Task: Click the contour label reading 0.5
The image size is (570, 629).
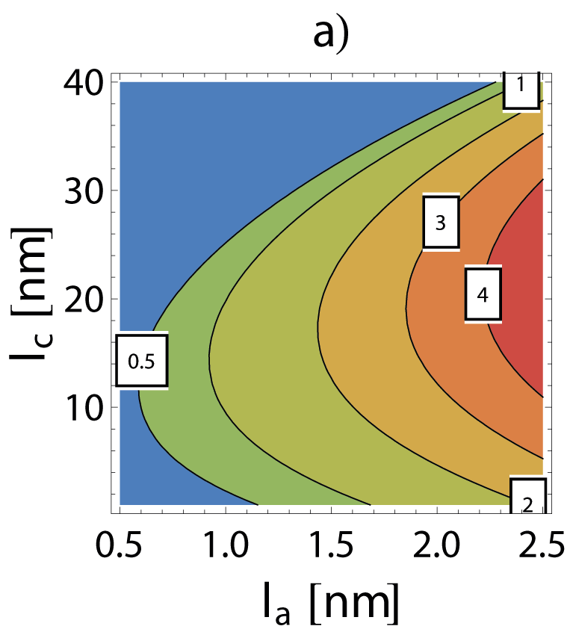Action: pyautogui.click(x=141, y=361)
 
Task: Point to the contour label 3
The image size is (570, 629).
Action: pyautogui.click(x=441, y=223)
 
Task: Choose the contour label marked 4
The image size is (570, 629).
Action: pyautogui.click(x=483, y=294)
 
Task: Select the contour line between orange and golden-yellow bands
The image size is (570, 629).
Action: pyautogui.click(x=406, y=306)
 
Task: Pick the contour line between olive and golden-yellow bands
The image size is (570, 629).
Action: pyautogui.click(x=318, y=329)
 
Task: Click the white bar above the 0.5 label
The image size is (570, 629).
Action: pyautogui.click(x=141, y=332)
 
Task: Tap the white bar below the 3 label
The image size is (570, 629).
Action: pyautogui.click(x=441, y=250)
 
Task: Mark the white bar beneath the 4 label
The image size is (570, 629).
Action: pyautogui.click(x=483, y=322)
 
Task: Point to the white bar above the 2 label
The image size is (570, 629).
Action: pyautogui.click(x=528, y=476)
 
